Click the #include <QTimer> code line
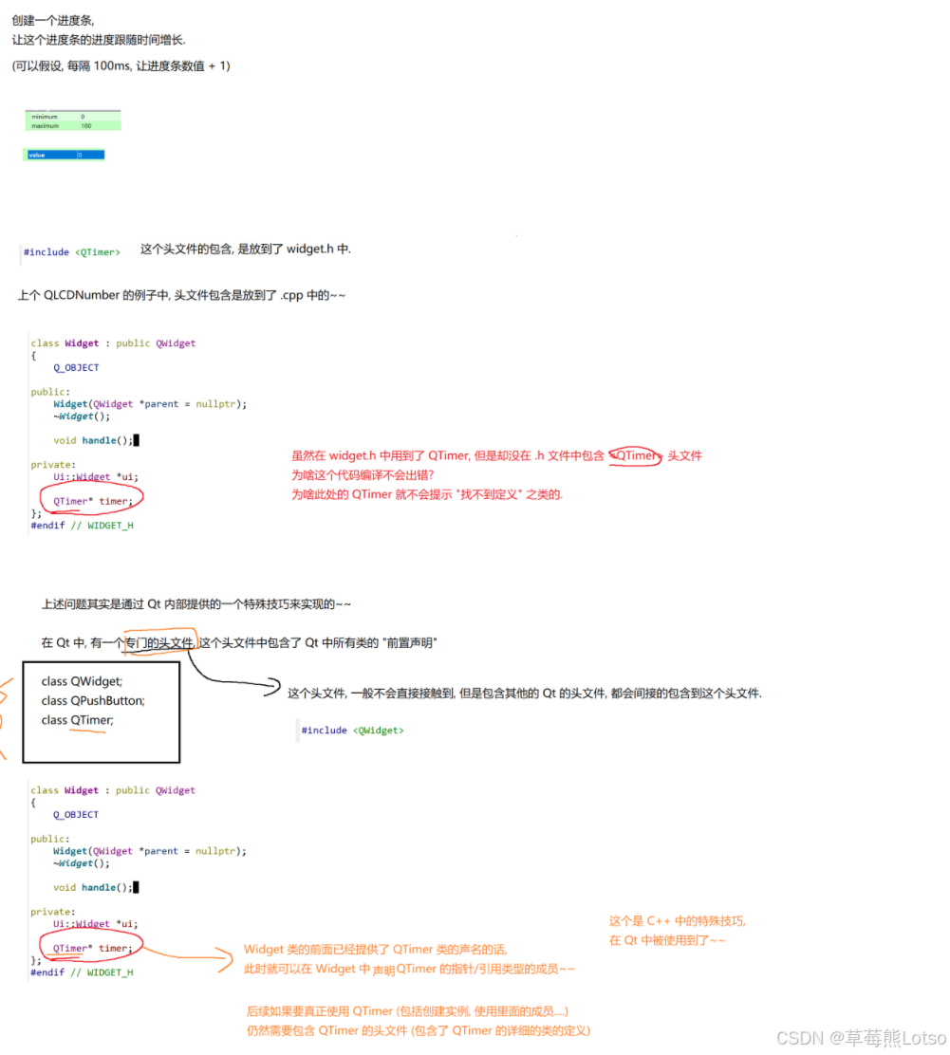pyautogui.click(x=72, y=252)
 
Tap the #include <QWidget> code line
pyautogui.click(x=352, y=731)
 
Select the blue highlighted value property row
pyautogui.click(x=64, y=155)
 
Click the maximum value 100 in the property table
pyautogui.click(x=86, y=125)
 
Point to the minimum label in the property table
pyautogui.click(x=45, y=117)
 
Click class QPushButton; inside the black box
pyautogui.click(x=93, y=701)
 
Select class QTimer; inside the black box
pyautogui.click(x=78, y=721)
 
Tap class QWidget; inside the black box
pyautogui.click(x=82, y=681)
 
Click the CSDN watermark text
pyautogui.click(x=861, y=1038)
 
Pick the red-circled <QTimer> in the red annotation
pyautogui.click(x=635, y=456)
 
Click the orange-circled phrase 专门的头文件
pyautogui.click(x=159, y=643)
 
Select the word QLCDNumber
pyautogui.click(x=83, y=295)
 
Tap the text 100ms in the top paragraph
pyautogui.click(x=113, y=66)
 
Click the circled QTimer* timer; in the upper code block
pyautogui.click(x=92, y=500)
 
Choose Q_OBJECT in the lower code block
pyautogui.click(x=76, y=815)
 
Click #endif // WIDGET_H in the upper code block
pyautogui.click(x=82, y=525)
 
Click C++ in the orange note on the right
pyautogui.click(x=659, y=921)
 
